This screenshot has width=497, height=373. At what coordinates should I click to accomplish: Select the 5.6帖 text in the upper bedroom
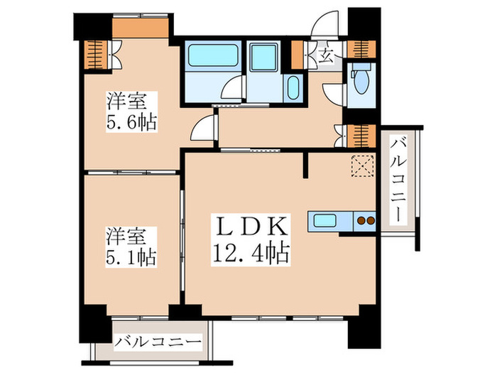(x=132, y=121)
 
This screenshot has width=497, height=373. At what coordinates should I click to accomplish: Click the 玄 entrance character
(x=326, y=55)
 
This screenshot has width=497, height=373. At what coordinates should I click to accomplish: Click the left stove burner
(x=360, y=221)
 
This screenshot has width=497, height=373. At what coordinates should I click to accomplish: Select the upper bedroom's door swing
(x=203, y=128)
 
